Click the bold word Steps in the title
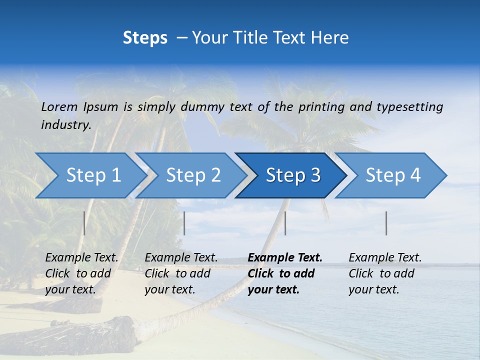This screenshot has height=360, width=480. pyautogui.click(x=145, y=38)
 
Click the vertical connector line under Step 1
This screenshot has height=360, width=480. pyautogui.click(x=84, y=223)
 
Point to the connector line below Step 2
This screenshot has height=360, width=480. pyautogui.click(x=184, y=223)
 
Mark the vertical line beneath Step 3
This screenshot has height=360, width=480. pyautogui.click(x=285, y=223)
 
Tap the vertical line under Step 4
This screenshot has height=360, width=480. pyautogui.click(x=386, y=223)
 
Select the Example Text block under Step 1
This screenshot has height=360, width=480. pyautogui.click(x=81, y=273)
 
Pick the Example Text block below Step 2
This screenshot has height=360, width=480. pyautogui.click(x=181, y=273)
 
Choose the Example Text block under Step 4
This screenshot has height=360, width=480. pyautogui.click(x=385, y=273)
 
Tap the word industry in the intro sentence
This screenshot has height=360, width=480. pyautogui.click(x=66, y=125)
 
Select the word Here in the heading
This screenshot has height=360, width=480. pyautogui.click(x=332, y=38)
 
